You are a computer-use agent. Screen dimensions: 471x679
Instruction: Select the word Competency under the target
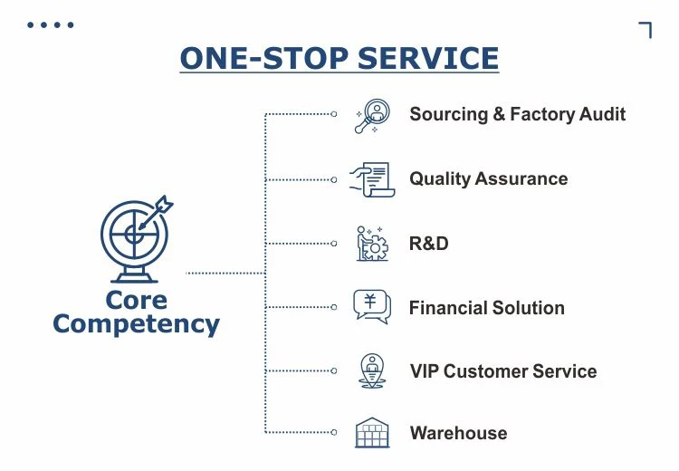[x=136, y=323]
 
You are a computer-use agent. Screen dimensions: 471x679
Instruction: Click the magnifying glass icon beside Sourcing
[x=371, y=116]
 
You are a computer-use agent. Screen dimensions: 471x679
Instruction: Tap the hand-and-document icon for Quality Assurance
[x=371, y=179]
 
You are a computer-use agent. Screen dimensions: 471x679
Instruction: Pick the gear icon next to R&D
[x=371, y=244]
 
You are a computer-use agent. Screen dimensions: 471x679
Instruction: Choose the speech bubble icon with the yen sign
[x=371, y=307]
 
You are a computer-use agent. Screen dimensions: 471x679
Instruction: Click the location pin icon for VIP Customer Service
[x=371, y=370]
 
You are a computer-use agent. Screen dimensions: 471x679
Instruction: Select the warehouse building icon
[x=371, y=433]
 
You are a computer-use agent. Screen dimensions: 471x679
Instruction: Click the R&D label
[x=428, y=244]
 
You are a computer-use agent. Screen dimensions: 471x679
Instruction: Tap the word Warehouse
[x=458, y=433]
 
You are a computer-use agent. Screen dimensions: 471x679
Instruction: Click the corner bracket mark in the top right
[x=646, y=29]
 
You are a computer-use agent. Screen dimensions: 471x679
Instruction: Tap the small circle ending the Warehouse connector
[x=334, y=432]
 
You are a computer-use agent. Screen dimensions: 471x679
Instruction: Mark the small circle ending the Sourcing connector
[x=334, y=114]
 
